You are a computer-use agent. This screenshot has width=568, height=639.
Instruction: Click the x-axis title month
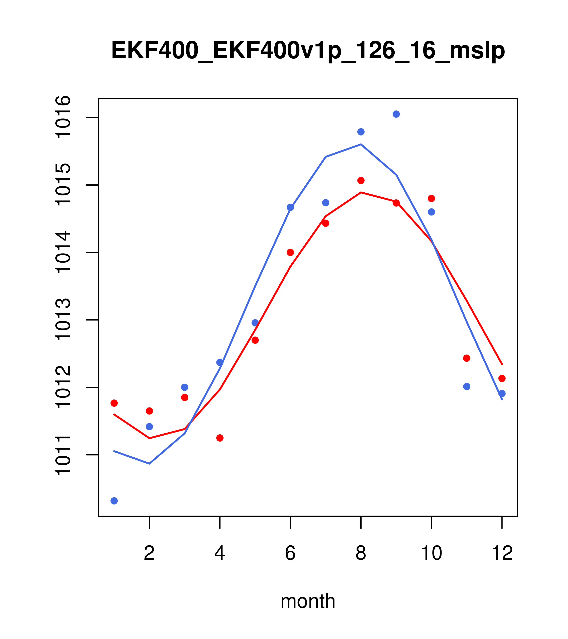click(x=308, y=601)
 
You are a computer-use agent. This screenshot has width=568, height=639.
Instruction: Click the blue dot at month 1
click(x=114, y=501)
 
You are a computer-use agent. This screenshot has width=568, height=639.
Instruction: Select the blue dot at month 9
click(x=396, y=114)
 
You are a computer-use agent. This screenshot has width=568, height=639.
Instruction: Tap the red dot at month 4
click(x=220, y=438)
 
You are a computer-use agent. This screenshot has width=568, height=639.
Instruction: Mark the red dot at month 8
click(x=361, y=180)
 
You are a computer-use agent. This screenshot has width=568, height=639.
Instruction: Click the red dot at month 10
click(x=431, y=198)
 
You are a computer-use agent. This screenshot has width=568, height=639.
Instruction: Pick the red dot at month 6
click(x=290, y=252)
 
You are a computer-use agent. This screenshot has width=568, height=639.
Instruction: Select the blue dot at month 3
click(x=184, y=387)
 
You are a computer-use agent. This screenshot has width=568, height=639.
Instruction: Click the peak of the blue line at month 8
click(x=361, y=145)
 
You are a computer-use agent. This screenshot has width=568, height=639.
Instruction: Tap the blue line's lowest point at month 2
click(x=150, y=464)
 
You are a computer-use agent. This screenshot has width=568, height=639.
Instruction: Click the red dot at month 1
click(x=114, y=403)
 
